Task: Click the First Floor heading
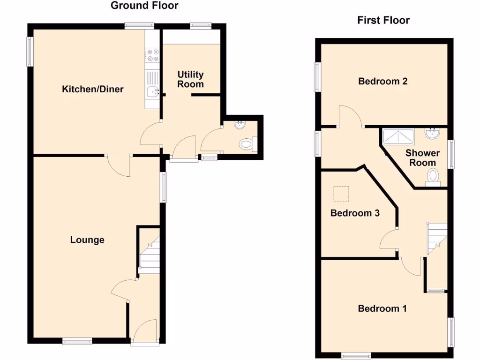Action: tap(383, 20)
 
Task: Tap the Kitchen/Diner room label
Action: tap(93, 89)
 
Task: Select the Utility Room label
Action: tap(190, 79)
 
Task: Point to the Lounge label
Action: tap(87, 240)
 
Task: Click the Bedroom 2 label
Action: tap(382, 81)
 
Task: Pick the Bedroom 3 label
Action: tap(355, 213)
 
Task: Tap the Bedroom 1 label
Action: tap(382, 308)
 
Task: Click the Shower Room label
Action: tap(422, 157)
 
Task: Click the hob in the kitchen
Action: tap(152, 54)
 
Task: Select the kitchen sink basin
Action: tap(152, 92)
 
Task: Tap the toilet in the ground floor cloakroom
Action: tap(247, 143)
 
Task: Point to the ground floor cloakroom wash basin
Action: tap(240, 125)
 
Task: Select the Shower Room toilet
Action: tap(433, 177)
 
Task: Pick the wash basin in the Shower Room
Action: tap(432, 133)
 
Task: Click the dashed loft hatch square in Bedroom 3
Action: tap(341, 193)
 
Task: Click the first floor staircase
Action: tap(436, 234)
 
